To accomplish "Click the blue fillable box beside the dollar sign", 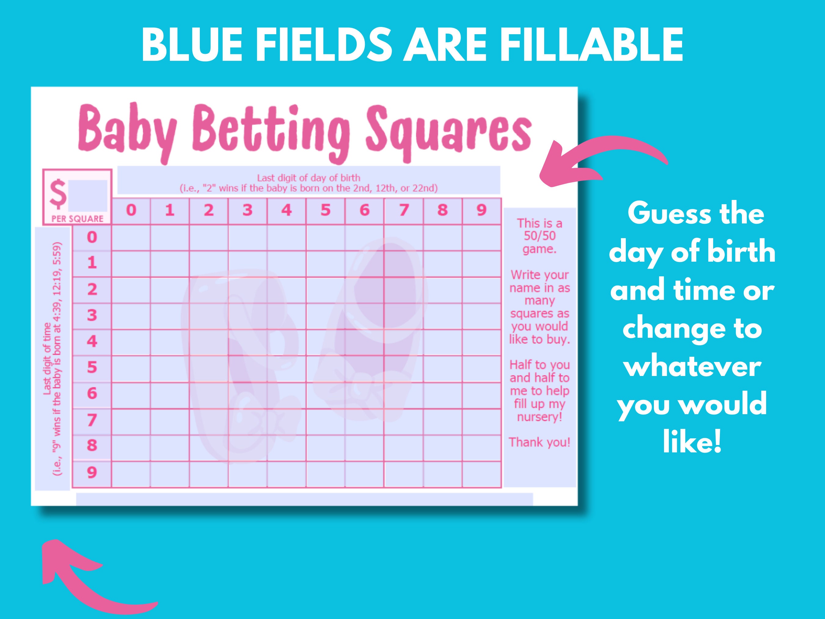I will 88,196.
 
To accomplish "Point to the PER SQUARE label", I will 77,219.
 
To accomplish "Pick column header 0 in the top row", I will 131,210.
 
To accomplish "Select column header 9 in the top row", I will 482,210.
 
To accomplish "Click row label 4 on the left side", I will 92,341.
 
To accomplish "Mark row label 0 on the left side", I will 92,237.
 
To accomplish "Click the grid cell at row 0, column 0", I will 131,238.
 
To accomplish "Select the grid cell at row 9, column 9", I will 482,474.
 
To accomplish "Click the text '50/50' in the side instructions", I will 540,236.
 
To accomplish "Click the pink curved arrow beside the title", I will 600,160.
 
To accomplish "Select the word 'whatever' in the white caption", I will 693,367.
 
